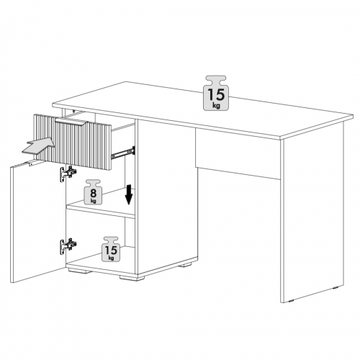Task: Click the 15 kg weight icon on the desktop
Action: pos(216,93)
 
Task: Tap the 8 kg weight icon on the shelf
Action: pos(93,192)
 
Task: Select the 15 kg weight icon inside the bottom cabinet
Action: pos(111,249)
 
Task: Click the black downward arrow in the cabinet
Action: pos(129,194)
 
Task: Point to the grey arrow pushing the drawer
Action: pos(38,145)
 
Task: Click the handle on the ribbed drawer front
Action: pos(70,122)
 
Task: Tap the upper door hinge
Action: pos(68,174)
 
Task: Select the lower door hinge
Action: pos(68,246)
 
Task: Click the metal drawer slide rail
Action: pos(123,153)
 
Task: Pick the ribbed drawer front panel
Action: pos(73,142)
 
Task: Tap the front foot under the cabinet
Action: pos(132,278)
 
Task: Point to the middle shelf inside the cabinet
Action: pos(101,208)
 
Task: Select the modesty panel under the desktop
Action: pos(238,153)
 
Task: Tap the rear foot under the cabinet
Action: pos(185,265)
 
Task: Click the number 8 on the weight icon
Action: pos(93,192)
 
